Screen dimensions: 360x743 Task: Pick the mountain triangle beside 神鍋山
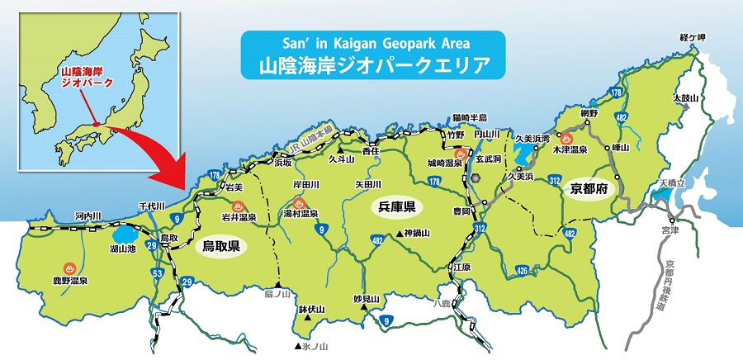coord(397,234)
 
